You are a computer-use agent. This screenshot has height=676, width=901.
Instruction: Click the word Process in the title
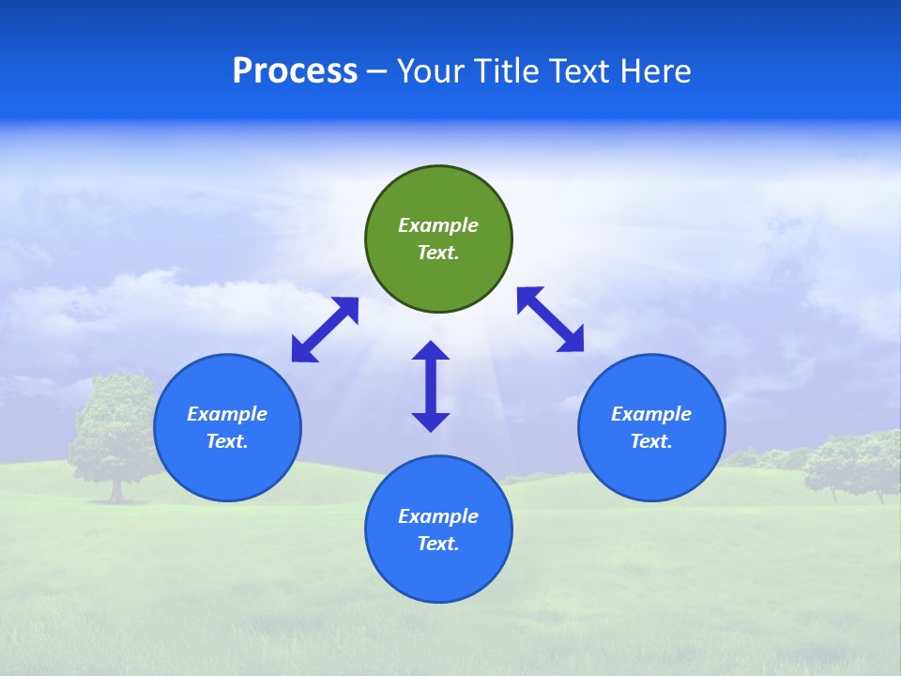pos(295,71)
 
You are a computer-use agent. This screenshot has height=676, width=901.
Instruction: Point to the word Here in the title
pos(657,71)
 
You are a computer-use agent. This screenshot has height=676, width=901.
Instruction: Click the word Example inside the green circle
pos(438,225)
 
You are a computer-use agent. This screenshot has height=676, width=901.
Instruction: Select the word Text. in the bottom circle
pos(438,544)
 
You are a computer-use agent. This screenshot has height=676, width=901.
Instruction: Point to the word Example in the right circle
pos(651,414)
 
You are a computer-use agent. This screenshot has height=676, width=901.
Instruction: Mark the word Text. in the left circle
pos(227,441)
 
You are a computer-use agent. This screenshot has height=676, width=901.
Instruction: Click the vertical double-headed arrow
pos(431,386)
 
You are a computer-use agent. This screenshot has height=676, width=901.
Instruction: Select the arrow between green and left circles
pos(325,330)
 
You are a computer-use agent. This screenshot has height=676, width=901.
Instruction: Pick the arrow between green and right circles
pos(551,319)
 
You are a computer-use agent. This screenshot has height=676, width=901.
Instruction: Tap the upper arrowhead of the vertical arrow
pos(431,350)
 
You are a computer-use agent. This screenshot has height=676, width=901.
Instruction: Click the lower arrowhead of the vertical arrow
pos(431,422)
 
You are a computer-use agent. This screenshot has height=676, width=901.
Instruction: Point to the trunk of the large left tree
pos(116,489)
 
